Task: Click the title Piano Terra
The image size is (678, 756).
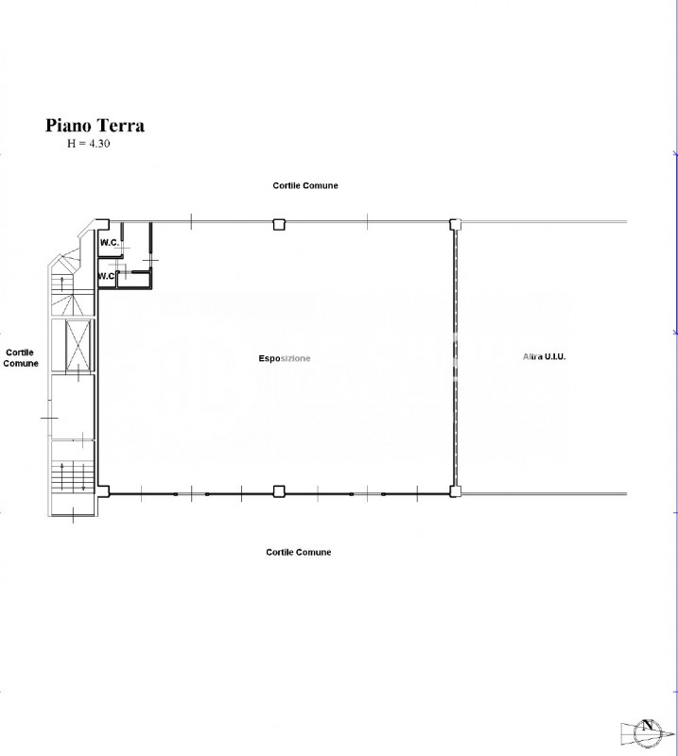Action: [96, 126]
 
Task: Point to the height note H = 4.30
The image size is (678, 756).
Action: [88, 144]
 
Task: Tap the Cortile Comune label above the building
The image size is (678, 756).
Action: [305, 185]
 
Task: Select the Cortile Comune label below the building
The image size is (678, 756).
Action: [298, 552]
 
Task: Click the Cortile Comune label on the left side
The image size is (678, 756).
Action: [20, 358]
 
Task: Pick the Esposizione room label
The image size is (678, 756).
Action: [285, 358]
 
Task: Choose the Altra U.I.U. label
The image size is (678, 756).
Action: [544, 357]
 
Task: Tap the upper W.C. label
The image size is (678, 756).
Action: [109, 243]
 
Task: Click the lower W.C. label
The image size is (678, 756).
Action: [106, 276]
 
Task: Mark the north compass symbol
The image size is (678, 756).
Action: [647, 731]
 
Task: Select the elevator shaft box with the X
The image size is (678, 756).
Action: [78, 345]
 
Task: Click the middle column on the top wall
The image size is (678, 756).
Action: [279, 224]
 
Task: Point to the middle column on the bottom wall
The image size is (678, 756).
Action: [279, 491]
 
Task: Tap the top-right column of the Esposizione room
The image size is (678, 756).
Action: [455, 224]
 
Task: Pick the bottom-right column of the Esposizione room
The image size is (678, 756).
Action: [455, 491]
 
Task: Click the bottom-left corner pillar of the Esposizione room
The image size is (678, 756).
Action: [104, 491]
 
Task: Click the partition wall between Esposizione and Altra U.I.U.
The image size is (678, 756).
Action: [455, 358]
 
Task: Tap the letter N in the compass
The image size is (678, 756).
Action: [647, 725]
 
